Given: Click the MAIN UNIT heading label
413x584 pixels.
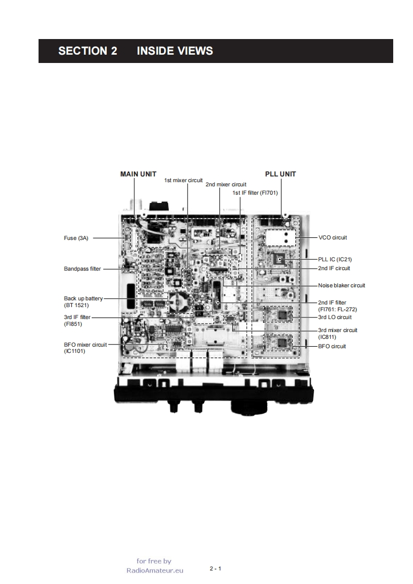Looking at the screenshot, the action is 139,174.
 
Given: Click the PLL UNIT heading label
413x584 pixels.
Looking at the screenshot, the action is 280,174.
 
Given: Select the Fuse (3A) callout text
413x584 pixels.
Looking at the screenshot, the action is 76,238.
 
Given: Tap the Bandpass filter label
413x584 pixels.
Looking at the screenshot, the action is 82,269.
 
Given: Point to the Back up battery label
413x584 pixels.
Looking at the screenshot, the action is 83,298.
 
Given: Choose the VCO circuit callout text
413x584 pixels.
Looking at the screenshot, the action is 332,237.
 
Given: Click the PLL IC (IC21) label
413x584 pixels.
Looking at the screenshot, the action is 335,259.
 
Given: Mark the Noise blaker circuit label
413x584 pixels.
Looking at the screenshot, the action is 342,285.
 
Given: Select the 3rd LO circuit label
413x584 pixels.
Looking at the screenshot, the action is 335,317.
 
